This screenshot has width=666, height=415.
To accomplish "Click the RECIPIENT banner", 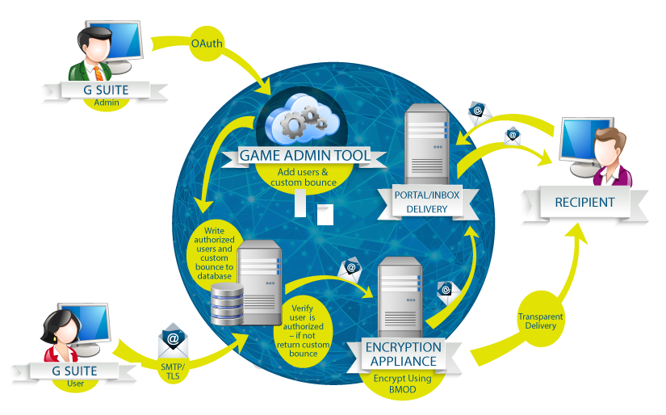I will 584,203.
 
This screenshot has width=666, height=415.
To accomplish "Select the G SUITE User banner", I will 73,372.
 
